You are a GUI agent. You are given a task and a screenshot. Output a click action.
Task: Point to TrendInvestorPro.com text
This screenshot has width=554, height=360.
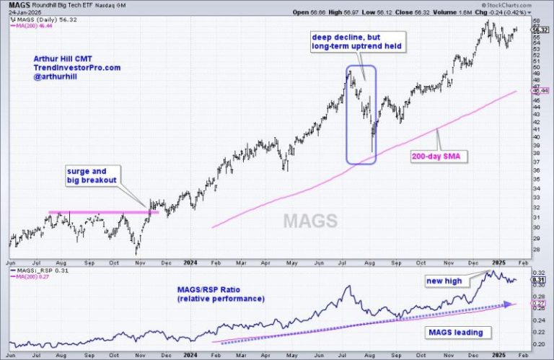tap(77, 68)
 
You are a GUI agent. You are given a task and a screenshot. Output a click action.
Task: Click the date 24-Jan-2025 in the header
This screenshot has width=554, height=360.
tap(22, 12)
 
